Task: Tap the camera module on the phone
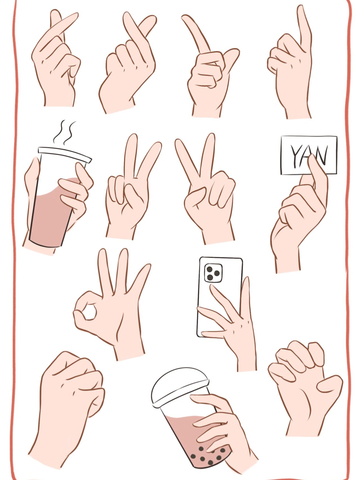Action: pos(213,272)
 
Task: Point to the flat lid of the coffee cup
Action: pos(65,154)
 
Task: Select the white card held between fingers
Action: pos(309,155)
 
